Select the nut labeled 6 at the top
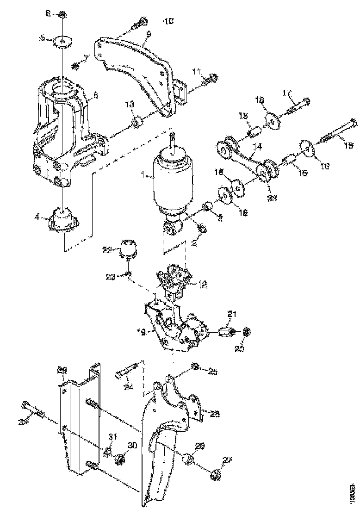(62, 15)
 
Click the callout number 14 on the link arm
(257, 146)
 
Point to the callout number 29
(62, 370)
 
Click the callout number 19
(142, 331)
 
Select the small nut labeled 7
(76, 65)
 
